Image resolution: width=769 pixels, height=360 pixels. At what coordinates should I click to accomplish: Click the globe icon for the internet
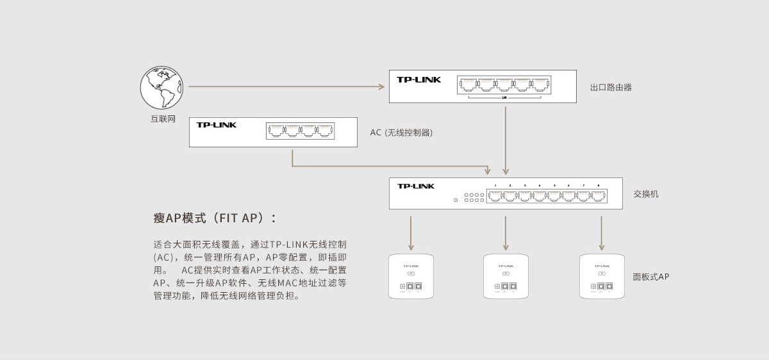(x=161, y=88)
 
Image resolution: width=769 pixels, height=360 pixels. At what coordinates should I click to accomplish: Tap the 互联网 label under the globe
(x=163, y=119)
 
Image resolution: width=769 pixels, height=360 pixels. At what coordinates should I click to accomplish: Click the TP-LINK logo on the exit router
(x=418, y=80)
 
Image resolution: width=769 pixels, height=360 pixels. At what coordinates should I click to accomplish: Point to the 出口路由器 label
(x=611, y=87)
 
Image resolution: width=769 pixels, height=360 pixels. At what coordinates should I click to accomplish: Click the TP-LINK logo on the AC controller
(x=216, y=125)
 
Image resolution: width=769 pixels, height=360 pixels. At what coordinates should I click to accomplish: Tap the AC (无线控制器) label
(x=401, y=133)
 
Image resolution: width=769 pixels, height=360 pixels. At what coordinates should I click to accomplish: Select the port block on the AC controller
(x=301, y=131)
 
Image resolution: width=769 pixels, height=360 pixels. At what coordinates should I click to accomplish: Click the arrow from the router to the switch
(x=506, y=141)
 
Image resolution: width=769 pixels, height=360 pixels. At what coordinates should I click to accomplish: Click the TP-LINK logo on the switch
(x=416, y=186)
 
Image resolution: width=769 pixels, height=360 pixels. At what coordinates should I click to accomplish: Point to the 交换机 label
(x=645, y=193)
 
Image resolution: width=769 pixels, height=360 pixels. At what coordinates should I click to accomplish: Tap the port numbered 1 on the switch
(x=495, y=196)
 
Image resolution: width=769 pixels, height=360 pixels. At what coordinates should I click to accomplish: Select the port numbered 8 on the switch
(x=599, y=196)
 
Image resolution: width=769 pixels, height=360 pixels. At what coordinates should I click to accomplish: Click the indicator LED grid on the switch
(x=474, y=197)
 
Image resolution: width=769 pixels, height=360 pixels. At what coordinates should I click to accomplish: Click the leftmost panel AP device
(x=411, y=276)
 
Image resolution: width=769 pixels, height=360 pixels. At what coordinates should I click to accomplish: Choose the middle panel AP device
(x=506, y=276)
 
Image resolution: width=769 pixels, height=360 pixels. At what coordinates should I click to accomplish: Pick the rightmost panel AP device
(x=602, y=276)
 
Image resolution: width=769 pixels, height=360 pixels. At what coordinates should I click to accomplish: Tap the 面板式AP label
(x=650, y=277)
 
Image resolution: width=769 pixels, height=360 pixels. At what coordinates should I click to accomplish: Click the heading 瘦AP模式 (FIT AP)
(x=215, y=218)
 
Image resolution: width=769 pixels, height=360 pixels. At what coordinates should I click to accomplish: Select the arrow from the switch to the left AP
(x=411, y=233)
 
